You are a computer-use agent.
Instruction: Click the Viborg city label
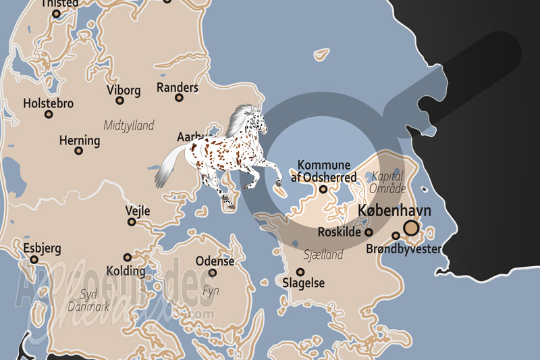pyautogui.click(x=124, y=89)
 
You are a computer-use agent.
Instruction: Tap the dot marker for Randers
pyautogui.click(x=179, y=98)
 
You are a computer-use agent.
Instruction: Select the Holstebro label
pyautogui.click(x=48, y=104)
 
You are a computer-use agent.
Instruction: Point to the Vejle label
pyautogui.click(x=138, y=211)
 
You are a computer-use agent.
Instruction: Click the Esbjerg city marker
pyautogui.click(x=33, y=259)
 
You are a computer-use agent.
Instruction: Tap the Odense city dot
pyautogui.click(x=213, y=273)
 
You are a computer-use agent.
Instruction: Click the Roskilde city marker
pyautogui.click(x=369, y=232)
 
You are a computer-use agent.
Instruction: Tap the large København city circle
pyautogui.click(x=411, y=228)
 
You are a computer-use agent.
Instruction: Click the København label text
pyautogui.click(x=395, y=211)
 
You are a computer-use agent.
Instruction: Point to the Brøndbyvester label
pyautogui.click(x=404, y=250)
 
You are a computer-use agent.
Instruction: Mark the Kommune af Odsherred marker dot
pyautogui.click(x=323, y=190)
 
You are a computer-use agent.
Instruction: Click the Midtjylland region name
pyautogui.click(x=129, y=126)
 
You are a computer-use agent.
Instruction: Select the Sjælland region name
pyautogui.click(x=323, y=255)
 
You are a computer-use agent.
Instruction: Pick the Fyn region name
pyautogui.click(x=211, y=290)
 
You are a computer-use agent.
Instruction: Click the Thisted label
pyautogui.click(x=60, y=3)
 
